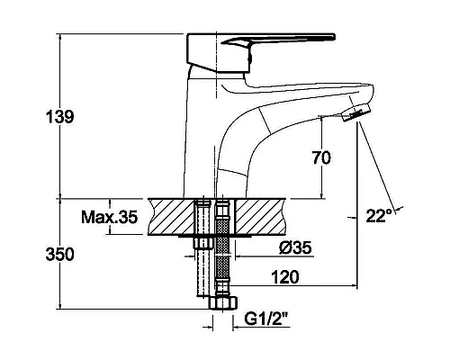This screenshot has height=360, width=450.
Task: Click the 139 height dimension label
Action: (x=59, y=117)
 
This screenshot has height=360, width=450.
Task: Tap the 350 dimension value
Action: (x=59, y=255)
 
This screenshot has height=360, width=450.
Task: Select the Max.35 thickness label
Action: (x=110, y=217)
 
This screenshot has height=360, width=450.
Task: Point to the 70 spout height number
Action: (x=321, y=157)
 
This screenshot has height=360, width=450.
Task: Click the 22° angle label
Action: (x=379, y=215)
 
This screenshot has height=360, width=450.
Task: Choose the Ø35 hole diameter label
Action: (x=295, y=247)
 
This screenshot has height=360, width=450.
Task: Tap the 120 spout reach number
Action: (x=285, y=277)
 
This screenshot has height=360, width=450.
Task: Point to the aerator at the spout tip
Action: (x=355, y=112)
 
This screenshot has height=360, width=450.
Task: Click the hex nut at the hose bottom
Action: (x=223, y=302)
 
